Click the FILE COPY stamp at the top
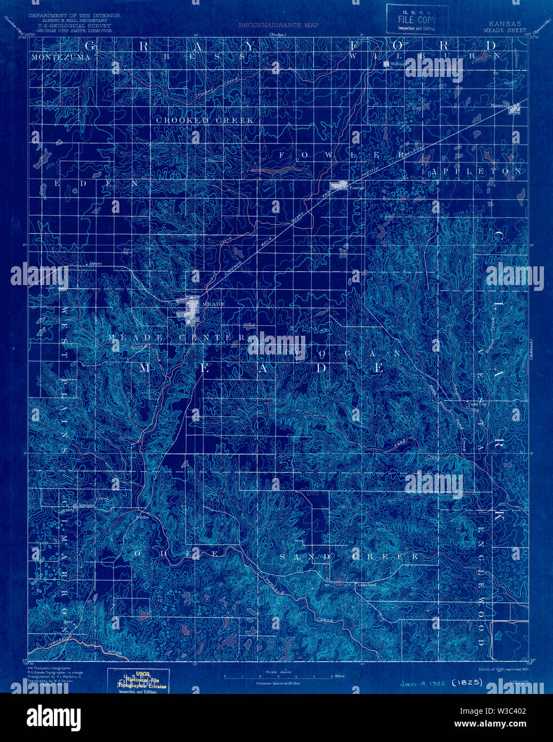coord(417,19)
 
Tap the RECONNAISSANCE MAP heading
coord(278,25)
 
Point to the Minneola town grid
coord(514,109)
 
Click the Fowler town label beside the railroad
coord(356,188)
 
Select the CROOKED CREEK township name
coord(204,121)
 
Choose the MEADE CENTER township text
coord(176,338)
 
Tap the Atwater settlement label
coord(86,504)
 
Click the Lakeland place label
coord(367,585)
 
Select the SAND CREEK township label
coord(349,557)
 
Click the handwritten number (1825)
coord(467,682)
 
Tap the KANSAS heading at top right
coord(504,24)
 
